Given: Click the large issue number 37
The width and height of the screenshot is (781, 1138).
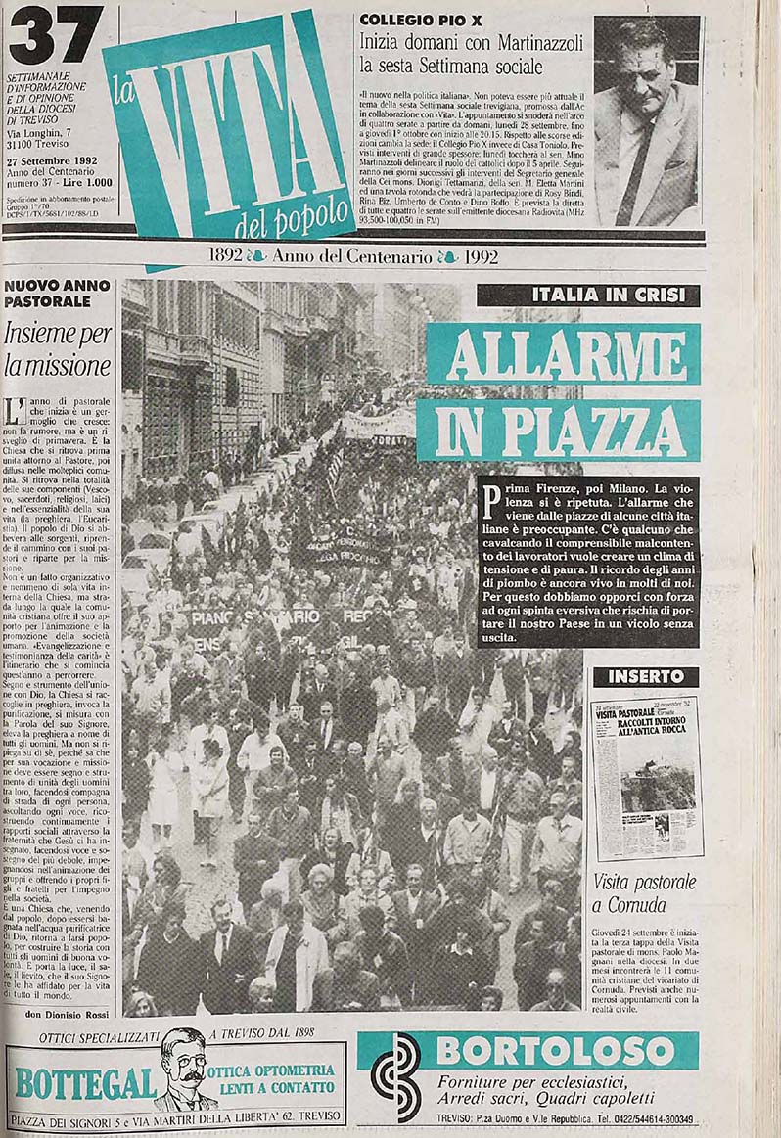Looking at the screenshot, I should (55, 37).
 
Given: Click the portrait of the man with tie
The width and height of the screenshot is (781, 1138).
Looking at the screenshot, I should (646, 119).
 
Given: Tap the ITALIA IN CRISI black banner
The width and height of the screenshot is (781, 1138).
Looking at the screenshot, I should (588, 296).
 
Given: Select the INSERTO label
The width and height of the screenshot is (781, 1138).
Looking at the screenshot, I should (645, 676).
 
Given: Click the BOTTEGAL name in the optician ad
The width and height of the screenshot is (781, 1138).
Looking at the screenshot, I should (85, 1082).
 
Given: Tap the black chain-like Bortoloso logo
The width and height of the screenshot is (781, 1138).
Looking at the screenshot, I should (395, 1076).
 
